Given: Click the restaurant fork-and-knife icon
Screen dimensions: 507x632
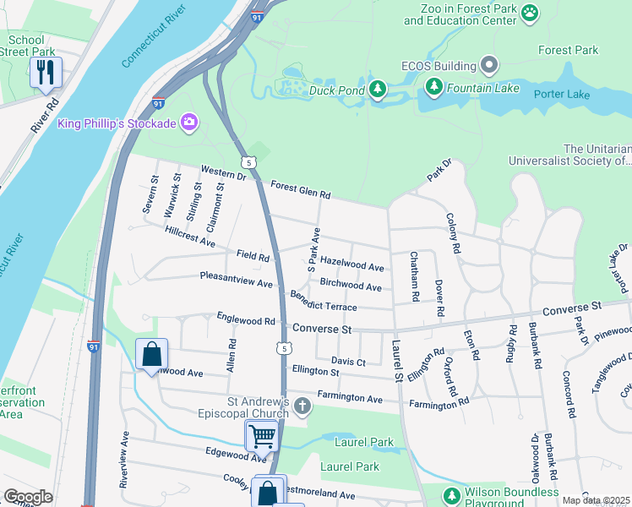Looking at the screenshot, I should click(46, 73).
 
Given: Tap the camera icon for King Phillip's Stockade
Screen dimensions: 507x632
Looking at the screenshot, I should click(188, 123).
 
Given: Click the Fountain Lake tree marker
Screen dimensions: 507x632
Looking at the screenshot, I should click(433, 86).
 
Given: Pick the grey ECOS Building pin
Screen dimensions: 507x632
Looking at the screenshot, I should click(488, 65).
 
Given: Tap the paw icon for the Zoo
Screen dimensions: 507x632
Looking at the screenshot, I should click(529, 13).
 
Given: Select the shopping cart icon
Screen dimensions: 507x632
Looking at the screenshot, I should click(262, 437).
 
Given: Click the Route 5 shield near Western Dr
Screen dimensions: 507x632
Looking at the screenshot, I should click(247, 161).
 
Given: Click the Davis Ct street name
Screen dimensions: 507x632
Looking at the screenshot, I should click(347, 362).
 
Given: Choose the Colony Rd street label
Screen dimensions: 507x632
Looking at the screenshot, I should click(453, 233).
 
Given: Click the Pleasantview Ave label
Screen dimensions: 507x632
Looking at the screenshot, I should click(236, 278).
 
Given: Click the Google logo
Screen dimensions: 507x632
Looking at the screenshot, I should click(29, 497).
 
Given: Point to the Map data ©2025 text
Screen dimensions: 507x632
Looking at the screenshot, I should click(595, 500).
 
